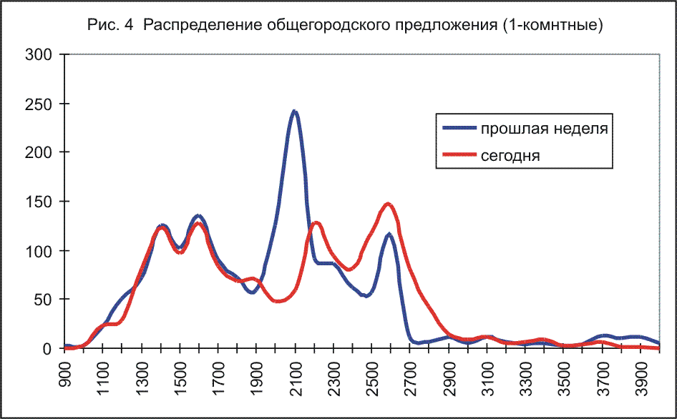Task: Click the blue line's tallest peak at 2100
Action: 294,112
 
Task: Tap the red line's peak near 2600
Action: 389,204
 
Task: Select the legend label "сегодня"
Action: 511,154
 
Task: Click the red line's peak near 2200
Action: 316,223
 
